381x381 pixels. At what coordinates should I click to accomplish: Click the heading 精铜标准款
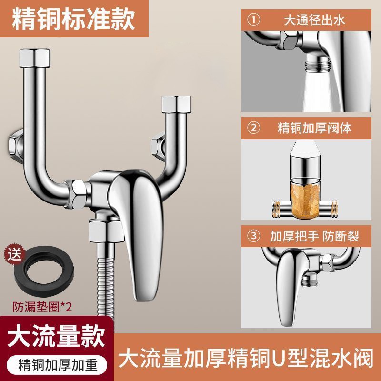73,19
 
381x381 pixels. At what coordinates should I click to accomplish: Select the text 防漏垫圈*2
42,307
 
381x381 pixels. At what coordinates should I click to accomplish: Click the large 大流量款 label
56,336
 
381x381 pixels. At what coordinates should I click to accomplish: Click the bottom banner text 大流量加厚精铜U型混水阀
246,359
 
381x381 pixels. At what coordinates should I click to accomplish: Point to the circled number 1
253,20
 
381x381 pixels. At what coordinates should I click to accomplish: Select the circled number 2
253,128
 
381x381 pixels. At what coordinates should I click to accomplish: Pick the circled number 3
253,236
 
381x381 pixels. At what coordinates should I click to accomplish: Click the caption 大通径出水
314,20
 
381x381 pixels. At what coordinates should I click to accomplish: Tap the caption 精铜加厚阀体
314,128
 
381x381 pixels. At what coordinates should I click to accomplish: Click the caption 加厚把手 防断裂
314,236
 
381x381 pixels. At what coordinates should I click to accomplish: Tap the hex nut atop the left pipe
35,58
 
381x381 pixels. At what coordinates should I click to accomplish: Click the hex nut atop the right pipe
176,104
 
